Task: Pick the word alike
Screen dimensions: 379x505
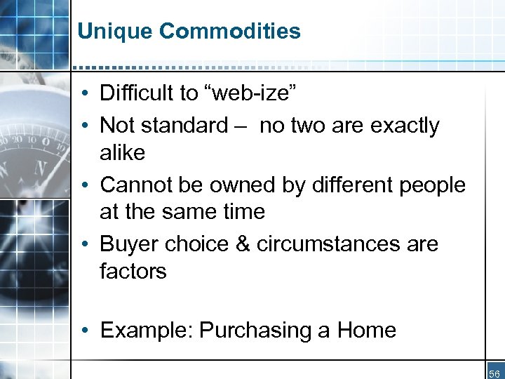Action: click(123, 152)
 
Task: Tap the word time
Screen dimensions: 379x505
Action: click(242, 211)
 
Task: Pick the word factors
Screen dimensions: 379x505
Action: click(133, 271)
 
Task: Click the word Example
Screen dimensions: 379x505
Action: click(147, 330)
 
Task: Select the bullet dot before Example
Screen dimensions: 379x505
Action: click(83, 331)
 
